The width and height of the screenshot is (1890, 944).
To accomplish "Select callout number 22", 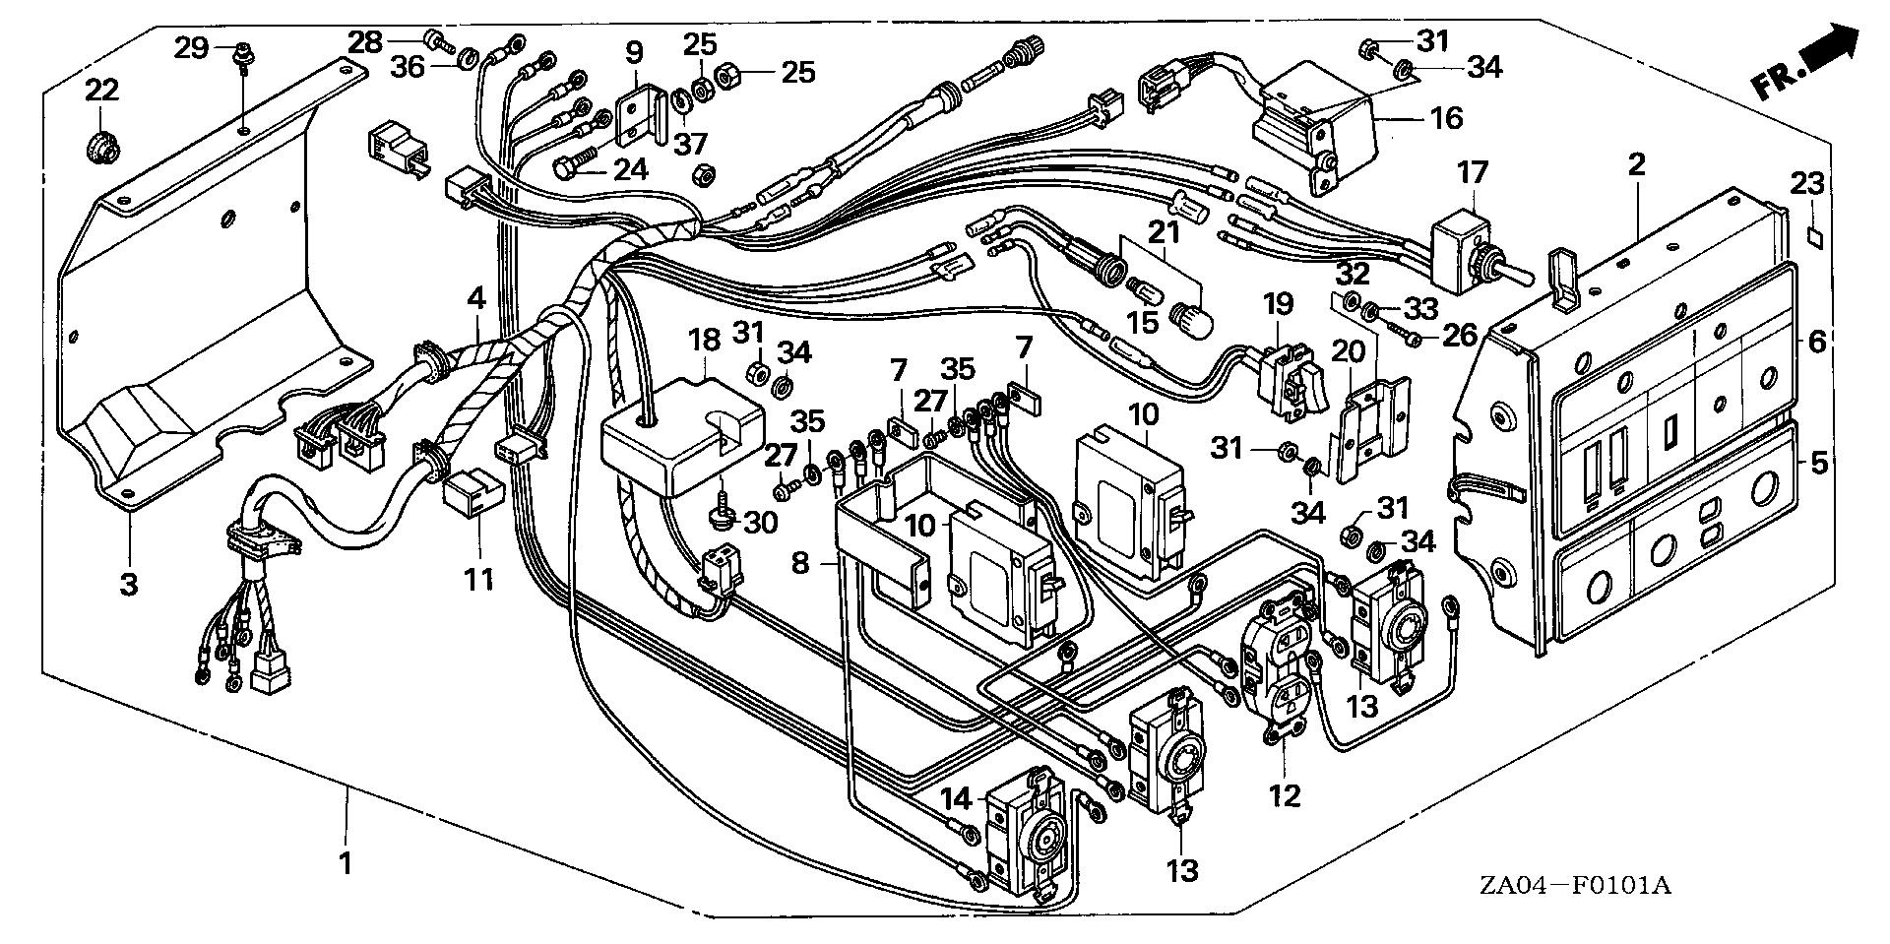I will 101,91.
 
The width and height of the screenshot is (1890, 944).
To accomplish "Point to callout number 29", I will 192,46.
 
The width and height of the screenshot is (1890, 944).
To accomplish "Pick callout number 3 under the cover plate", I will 129,584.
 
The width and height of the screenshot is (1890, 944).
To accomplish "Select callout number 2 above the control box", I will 1635,165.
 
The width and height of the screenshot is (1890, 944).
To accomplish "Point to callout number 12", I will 1285,794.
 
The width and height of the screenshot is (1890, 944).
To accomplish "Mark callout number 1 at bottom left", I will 345,864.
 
